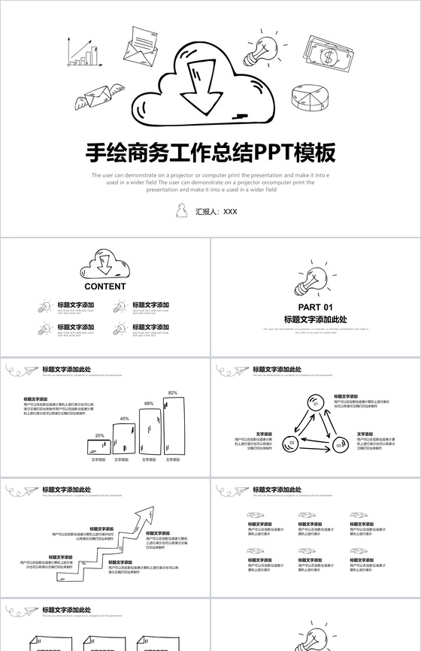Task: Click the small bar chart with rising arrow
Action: click(x=84, y=53)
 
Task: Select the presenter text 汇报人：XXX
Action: click(x=217, y=212)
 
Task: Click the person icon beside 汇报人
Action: click(x=181, y=210)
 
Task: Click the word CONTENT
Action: click(x=105, y=286)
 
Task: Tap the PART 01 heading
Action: click(x=315, y=307)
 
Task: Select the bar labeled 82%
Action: click(x=173, y=425)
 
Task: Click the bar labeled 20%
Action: click(x=99, y=447)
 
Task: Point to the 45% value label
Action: click(x=125, y=419)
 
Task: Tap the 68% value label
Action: click(x=149, y=404)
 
